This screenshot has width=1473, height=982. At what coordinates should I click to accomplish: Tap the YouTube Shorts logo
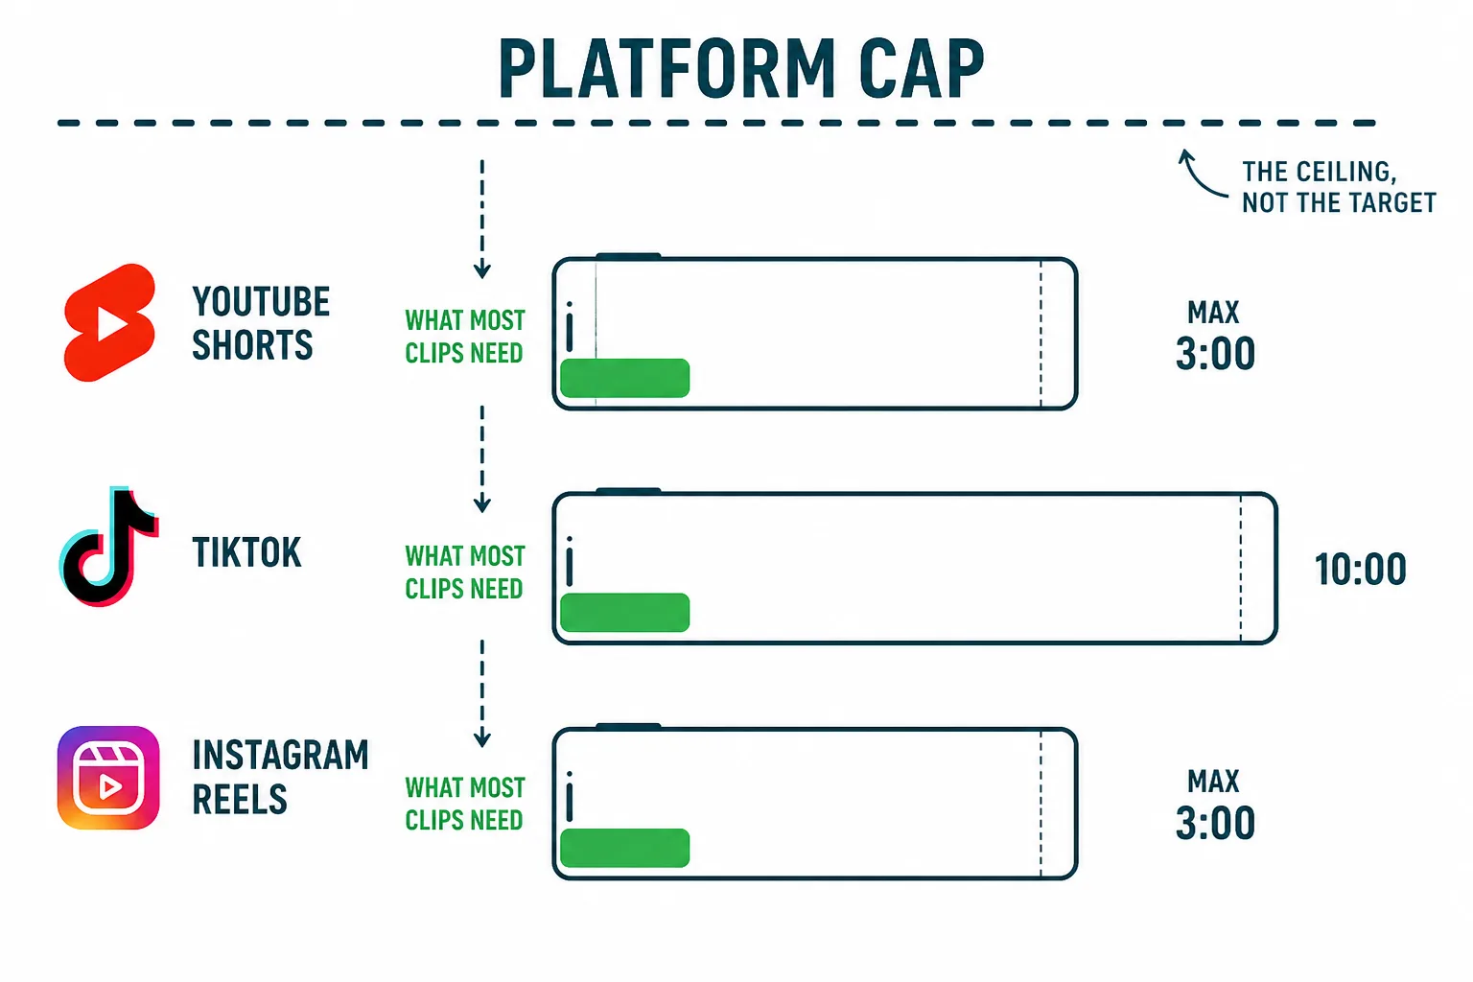(110, 322)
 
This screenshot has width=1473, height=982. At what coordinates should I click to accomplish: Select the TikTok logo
(108, 547)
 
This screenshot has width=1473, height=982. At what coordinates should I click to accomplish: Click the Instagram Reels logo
(108, 778)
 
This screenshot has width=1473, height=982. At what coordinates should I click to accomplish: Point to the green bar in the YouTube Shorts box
(624, 378)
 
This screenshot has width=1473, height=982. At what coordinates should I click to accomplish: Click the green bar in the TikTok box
(624, 613)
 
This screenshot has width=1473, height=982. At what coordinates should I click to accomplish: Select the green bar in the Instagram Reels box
(624, 848)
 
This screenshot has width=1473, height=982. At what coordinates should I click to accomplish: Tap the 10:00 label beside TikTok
(1360, 569)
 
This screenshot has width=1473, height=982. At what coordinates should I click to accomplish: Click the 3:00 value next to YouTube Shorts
(1215, 354)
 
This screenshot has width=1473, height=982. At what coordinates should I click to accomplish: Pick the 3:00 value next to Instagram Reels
(1215, 823)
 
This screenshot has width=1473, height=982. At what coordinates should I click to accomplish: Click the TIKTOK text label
(246, 551)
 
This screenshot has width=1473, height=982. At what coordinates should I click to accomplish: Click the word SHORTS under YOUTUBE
(252, 344)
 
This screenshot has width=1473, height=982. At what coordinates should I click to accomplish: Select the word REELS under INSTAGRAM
(240, 799)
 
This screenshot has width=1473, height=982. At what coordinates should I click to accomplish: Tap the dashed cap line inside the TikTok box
(1241, 568)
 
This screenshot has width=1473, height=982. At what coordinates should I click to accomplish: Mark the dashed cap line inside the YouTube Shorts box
(1040, 334)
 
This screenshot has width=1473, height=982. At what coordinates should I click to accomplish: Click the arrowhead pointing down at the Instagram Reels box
(482, 740)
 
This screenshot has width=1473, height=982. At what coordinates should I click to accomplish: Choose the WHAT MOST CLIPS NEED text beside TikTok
(465, 573)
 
